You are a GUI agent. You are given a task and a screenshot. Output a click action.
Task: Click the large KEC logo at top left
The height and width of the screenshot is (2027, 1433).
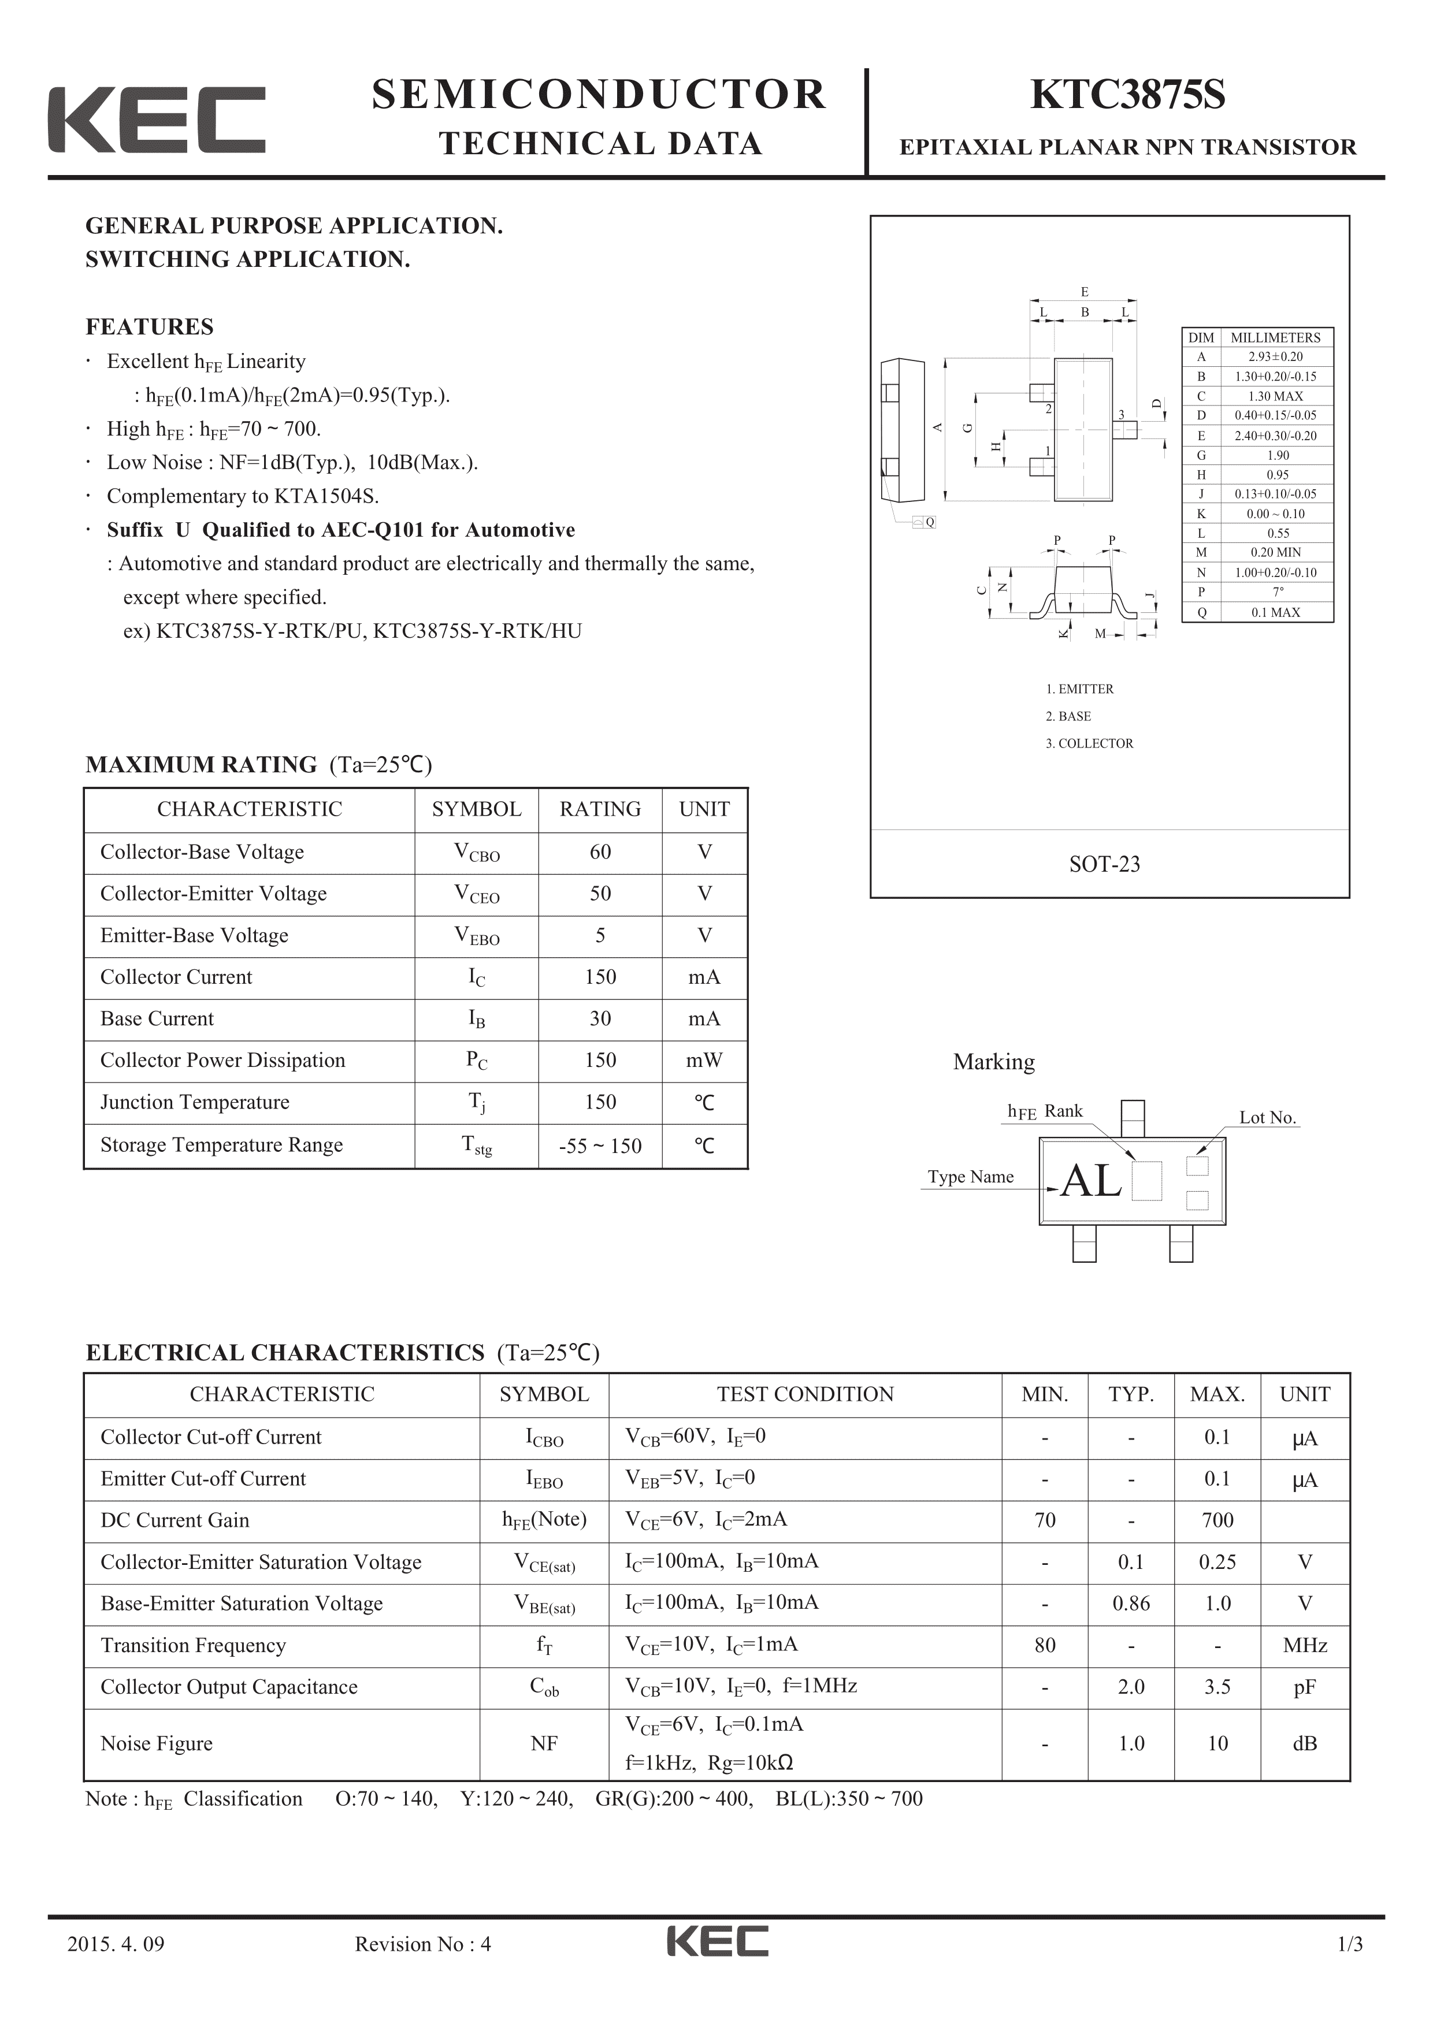pyautogui.click(x=156, y=120)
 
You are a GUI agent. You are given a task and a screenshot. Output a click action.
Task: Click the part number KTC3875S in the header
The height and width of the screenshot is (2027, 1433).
pyautogui.click(x=1127, y=95)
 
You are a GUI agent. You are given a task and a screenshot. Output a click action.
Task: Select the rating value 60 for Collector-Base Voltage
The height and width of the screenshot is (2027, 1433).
pyautogui.click(x=600, y=852)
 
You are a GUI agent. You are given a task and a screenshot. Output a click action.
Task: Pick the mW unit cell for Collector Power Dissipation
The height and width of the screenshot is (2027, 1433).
pyautogui.click(x=704, y=1061)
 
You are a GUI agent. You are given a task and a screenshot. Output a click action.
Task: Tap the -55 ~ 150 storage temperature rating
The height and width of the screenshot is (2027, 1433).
pyautogui.click(x=600, y=1146)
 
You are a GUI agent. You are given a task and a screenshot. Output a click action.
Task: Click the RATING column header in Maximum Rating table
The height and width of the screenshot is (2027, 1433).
pyautogui.click(x=600, y=809)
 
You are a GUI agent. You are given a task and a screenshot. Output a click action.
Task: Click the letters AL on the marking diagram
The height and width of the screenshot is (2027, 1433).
pyautogui.click(x=1092, y=1180)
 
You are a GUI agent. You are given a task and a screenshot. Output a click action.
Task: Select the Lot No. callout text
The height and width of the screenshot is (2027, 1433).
pyautogui.click(x=1267, y=1118)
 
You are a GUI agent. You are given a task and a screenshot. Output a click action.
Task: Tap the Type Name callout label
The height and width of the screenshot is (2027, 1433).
pyautogui.click(x=970, y=1177)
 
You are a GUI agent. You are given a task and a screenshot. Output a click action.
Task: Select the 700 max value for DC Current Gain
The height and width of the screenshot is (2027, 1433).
pyautogui.click(x=1217, y=1520)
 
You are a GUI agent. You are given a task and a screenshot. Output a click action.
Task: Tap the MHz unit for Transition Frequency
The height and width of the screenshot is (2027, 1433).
pyautogui.click(x=1304, y=1646)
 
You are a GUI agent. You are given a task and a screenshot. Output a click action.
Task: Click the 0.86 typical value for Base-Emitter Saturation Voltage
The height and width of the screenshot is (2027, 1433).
pyautogui.click(x=1130, y=1604)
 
